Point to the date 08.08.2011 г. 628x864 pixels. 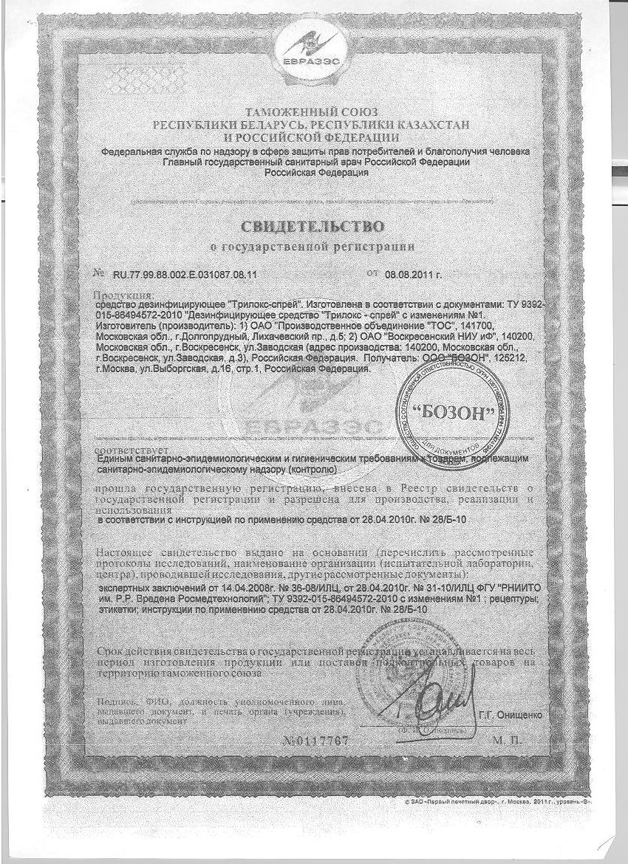coord(413,274)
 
